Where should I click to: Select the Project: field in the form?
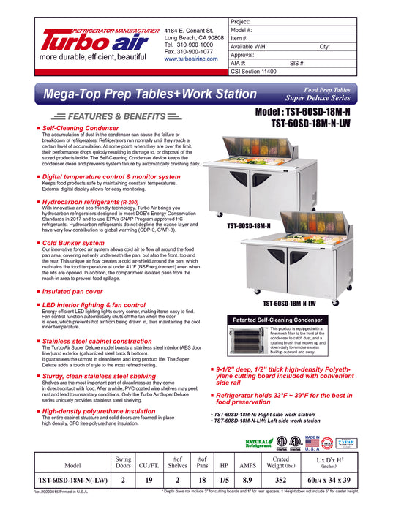click(x=307, y=22)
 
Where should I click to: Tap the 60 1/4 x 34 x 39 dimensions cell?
click(x=347, y=481)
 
